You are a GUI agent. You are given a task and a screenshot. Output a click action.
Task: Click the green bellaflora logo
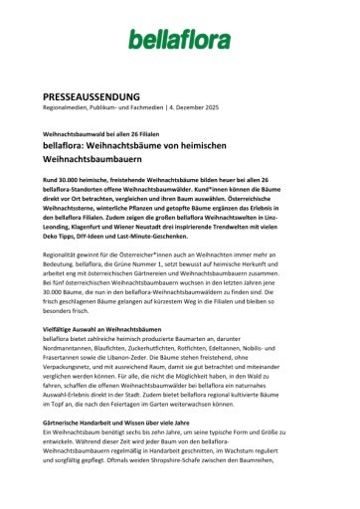179,40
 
